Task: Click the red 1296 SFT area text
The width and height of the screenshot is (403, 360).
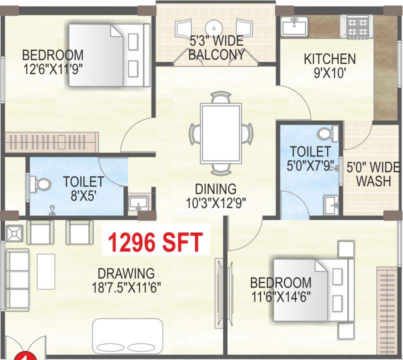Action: click(155, 242)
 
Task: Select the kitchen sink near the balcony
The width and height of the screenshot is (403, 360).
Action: click(294, 25)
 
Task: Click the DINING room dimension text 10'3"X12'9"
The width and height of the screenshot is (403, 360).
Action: click(215, 202)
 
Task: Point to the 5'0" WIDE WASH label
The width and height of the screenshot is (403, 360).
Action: click(373, 173)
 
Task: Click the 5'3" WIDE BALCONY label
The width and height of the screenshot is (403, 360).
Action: click(216, 48)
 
